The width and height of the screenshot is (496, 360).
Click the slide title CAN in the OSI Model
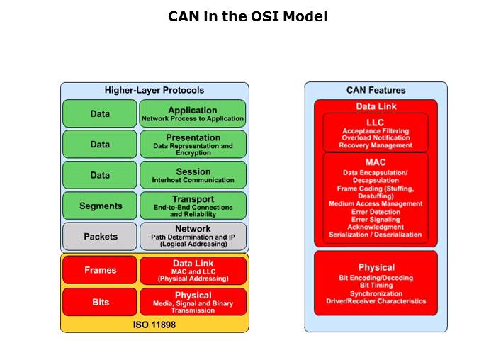coord(247,16)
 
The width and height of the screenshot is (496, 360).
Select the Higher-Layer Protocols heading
coord(154,90)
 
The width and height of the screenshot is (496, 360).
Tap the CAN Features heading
coord(376,90)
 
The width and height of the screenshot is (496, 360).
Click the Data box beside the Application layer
coord(100,113)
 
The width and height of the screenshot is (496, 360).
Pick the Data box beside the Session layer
coord(100,175)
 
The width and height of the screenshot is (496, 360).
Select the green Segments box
coord(100,206)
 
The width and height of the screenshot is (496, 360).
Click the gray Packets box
coord(100,236)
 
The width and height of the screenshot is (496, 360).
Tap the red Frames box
coord(100,270)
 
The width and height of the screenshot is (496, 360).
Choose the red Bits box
coord(100,302)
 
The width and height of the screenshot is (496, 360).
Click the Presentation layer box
coord(193,144)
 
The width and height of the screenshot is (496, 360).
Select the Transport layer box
coord(193,206)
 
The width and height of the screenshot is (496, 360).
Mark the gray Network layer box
coord(193,236)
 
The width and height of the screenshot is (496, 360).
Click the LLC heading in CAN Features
coord(376,122)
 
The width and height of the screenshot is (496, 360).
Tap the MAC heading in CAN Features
coord(376,162)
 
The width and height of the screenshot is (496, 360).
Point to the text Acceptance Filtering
coord(376,131)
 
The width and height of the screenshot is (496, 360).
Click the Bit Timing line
coord(376,286)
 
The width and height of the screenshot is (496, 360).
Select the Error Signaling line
coord(376,219)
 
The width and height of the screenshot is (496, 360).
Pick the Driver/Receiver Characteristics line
coord(376,301)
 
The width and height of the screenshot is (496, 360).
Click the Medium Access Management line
coord(376,203)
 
